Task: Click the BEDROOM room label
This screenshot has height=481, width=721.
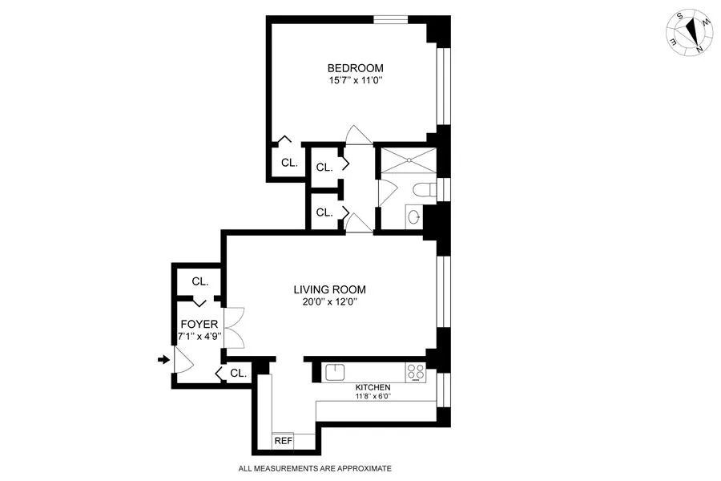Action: [x=355, y=68]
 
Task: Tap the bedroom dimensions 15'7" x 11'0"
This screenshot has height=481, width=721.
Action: [x=355, y=80]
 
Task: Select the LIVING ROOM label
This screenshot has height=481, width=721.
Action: [x=329, y=289]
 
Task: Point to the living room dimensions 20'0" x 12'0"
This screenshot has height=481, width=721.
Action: [x=329, y=302]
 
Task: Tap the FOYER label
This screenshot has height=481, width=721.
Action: [x=199, y=324]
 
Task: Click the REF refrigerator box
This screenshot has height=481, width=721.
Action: [x=284, y=441]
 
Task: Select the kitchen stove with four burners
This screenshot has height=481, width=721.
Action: [x=416, y=371]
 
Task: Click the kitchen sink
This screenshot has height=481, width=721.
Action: [x=334, y=371]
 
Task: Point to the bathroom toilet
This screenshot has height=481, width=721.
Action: [x=425, y=190]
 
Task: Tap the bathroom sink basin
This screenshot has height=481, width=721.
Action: [x=413, y=216]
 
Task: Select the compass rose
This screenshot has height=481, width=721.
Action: [x=690, y=34]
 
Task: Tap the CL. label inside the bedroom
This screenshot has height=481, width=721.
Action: [x=289, y=162]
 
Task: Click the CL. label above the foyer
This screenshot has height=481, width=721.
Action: [x=199, y=281]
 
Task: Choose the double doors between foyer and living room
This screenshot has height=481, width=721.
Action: [x=234, y=328]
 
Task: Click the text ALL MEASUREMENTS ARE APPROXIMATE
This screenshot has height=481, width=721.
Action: [x=315, y=468]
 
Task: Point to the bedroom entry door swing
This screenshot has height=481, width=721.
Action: [x=357, y=135]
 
